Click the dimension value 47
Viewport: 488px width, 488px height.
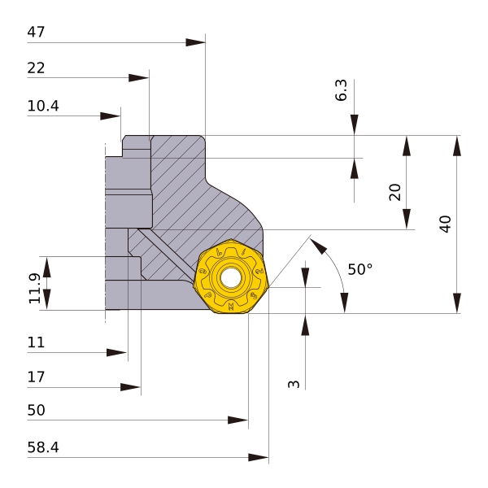[x=36, y=33]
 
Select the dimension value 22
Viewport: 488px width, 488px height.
[x=36, y=68]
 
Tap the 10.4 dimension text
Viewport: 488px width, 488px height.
[x=43, y=107]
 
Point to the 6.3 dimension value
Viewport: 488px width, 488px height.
[x=341, y=90]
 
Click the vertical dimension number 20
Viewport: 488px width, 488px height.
[x=394, y=192]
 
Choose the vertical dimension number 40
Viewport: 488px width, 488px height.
[x=444, y=224]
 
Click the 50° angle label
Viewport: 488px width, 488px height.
[x=359, y=269]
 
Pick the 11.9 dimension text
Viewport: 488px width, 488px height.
[x=34, y=289]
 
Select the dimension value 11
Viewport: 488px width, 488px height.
[x=36, y=342]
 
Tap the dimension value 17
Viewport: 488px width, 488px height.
[x=36, y=377]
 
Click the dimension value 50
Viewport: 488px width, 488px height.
[x=36, y=411]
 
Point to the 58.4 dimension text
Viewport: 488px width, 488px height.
[x=43, y=447]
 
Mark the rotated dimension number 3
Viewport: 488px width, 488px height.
[x=294, y=383]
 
